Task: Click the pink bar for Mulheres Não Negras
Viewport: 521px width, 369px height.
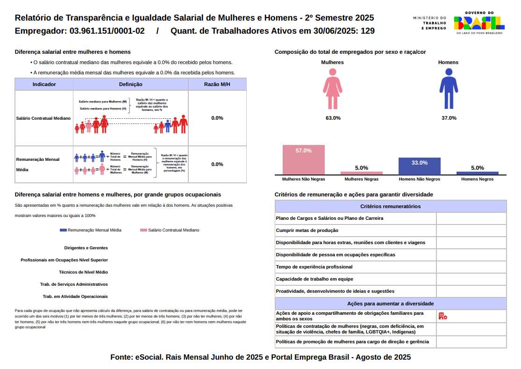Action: click(303, 159)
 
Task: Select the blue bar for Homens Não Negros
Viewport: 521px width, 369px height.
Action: click(419, 166)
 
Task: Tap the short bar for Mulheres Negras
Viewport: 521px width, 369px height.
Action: click(361, 173)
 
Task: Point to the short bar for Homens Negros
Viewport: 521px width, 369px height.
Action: click(477, 173)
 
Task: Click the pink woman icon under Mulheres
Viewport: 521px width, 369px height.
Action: click(333, 89)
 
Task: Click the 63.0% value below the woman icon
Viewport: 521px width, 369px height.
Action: click(333, 118)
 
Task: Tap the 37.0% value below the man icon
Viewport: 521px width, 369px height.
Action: click(449, 118)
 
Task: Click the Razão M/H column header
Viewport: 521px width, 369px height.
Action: click(217, 84)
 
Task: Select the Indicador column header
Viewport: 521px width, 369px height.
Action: click(44, 84)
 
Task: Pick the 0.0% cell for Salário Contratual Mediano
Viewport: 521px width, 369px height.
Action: click(217, 118)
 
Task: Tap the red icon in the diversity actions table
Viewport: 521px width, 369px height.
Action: click(442, 316)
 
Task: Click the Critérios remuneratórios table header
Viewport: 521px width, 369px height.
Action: click(390, 206)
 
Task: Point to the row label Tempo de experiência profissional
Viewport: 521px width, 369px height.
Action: click(314, 267)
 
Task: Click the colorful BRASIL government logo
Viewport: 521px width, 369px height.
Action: click(479, 22)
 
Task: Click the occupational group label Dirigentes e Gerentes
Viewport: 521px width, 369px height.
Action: click(86, 248)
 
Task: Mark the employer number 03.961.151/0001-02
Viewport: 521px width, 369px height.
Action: click(107, 31)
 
